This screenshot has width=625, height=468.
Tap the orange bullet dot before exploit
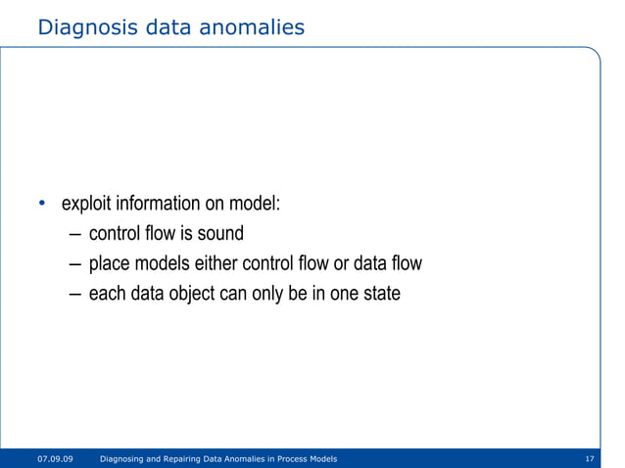pyautogui.click(x=41, y=205)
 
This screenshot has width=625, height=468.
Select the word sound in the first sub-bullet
pyautogui.click(x=219, y=234)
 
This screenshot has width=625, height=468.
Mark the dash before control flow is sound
pyautogui.click(x=76, y=235)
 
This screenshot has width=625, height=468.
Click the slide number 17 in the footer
pyautogui.click(x=590, y=458)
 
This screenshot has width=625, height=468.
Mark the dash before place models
pyautogui.click(x=76, y=265)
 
